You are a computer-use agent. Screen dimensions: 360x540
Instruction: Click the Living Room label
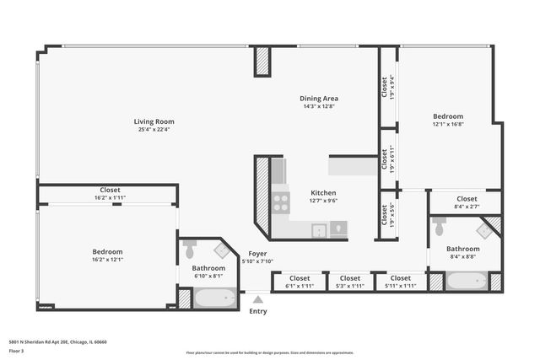tap(154, 121)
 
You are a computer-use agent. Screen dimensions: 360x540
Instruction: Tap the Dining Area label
tap(319, 98)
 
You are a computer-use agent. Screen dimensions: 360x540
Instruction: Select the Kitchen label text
tap(323, 191)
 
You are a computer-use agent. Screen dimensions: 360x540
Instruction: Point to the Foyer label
tap(257, 254)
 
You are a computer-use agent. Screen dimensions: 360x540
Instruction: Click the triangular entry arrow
tap(258, 298)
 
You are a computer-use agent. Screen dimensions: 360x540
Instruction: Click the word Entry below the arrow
tap(258, 311)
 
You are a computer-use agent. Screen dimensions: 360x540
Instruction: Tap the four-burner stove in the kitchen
tap(280, 202)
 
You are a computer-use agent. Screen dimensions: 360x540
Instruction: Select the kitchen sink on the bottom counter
tap(320, 228)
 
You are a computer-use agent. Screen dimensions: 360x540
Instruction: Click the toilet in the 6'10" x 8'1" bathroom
tap(190, 250)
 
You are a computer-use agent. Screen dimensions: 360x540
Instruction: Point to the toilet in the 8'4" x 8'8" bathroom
tap(439, 227)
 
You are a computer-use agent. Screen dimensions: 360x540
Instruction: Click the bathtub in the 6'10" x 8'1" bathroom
tap(216, 298)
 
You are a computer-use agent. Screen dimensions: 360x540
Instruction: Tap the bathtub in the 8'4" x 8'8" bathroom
tap(466, 281)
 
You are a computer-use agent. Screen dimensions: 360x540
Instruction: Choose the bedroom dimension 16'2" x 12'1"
tap(107, 260)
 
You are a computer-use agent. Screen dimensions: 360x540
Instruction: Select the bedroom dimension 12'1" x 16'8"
tap(448, 125)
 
